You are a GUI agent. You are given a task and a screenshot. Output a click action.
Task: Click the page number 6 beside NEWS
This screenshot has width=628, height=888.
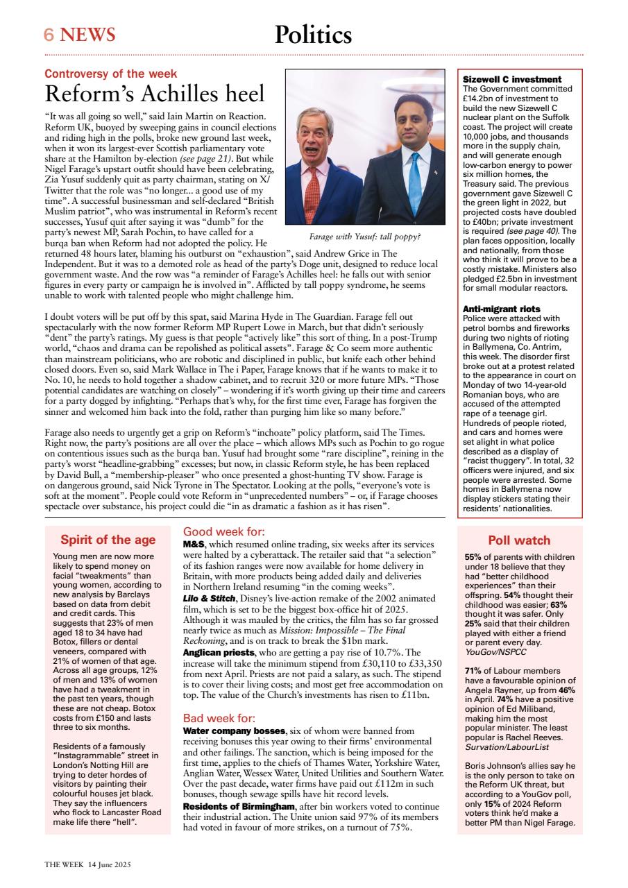coord(49,35)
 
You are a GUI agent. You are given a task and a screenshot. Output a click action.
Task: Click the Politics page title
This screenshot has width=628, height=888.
coord(313,34)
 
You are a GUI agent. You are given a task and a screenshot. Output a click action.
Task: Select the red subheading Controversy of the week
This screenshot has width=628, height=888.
coord(110,74)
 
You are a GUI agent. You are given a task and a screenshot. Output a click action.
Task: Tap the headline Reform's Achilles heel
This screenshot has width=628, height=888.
coord(155,94)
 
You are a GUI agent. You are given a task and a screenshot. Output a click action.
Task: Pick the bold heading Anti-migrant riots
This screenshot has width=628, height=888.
coord(501,309)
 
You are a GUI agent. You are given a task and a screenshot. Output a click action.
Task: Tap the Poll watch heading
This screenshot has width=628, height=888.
coord(519,540)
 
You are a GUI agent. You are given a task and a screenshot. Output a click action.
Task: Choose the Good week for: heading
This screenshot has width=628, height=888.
coord(224,532)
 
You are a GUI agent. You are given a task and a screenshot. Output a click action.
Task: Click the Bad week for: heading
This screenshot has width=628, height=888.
coord(219,718)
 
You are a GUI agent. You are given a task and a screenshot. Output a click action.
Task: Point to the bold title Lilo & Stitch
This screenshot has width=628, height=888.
coord(208,599)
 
